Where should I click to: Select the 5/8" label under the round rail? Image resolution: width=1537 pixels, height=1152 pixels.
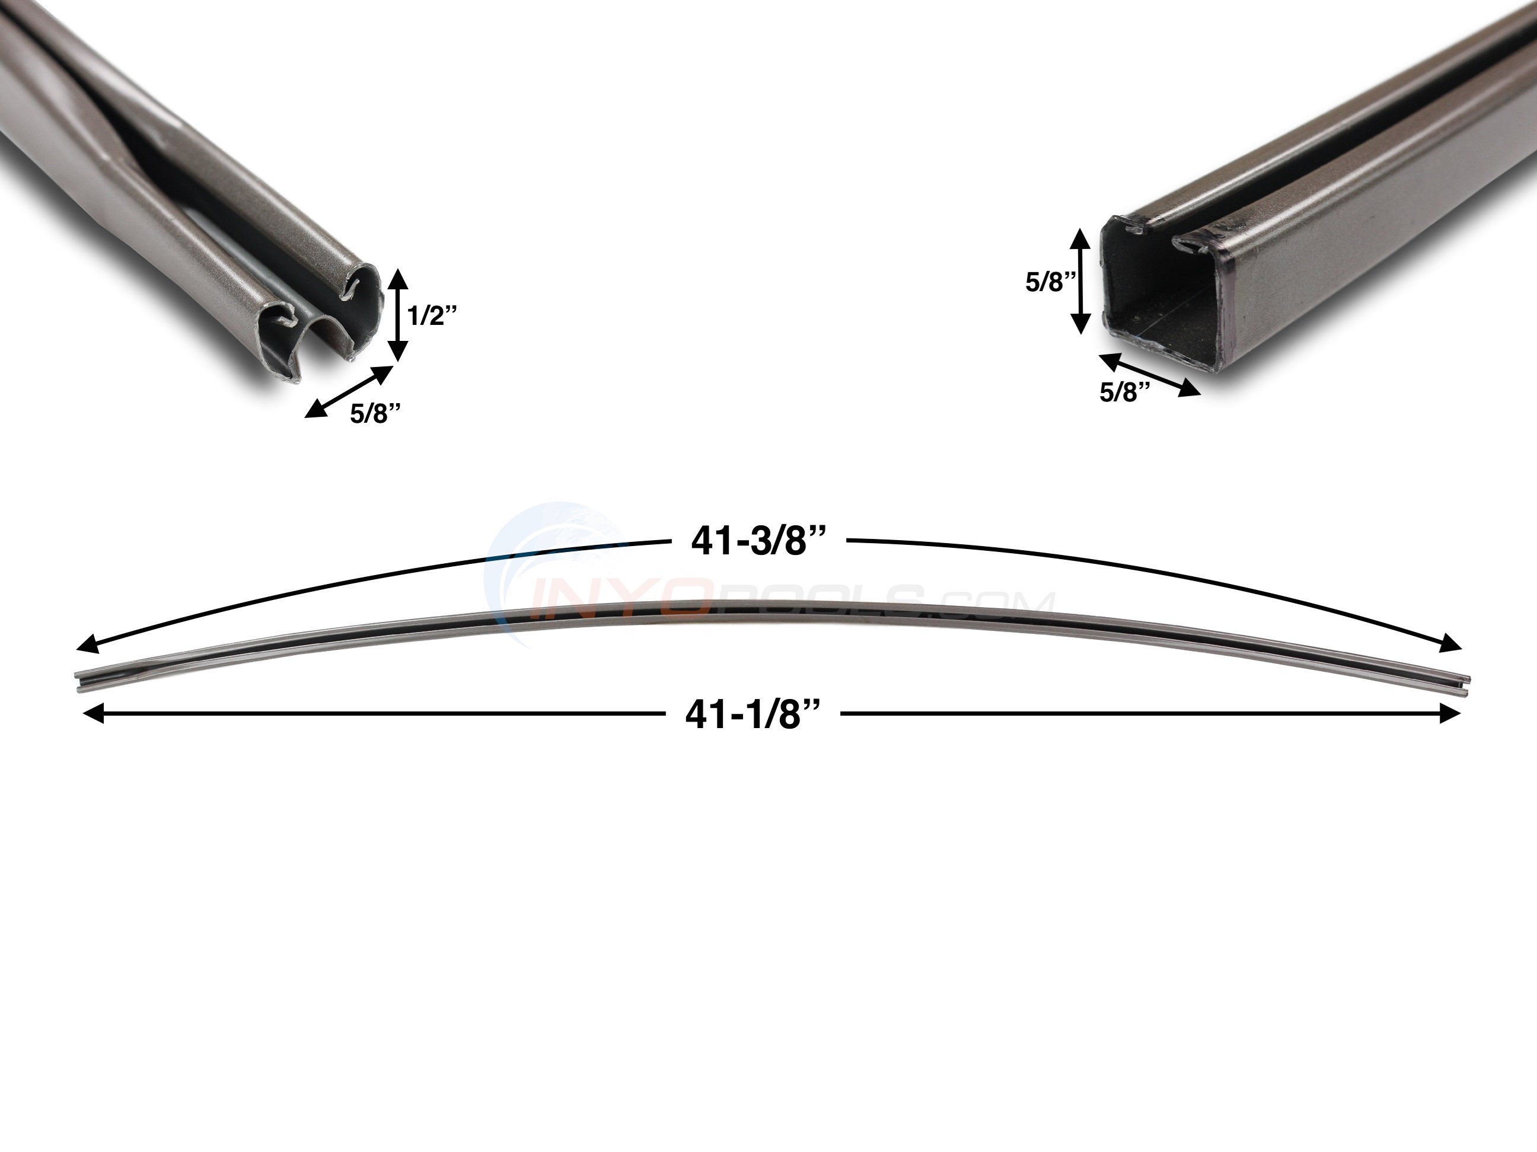point(375,413)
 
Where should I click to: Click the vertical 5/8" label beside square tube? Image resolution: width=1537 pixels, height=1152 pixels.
point(1051,282)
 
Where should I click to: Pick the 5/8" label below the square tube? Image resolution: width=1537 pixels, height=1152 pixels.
point(1125,392)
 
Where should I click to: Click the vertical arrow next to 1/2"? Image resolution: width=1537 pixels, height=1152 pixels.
point(397,315)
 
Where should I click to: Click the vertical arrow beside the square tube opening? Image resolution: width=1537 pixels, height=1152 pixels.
point(1079,282)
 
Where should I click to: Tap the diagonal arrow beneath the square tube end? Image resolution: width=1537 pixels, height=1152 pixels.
point(1149,375)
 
